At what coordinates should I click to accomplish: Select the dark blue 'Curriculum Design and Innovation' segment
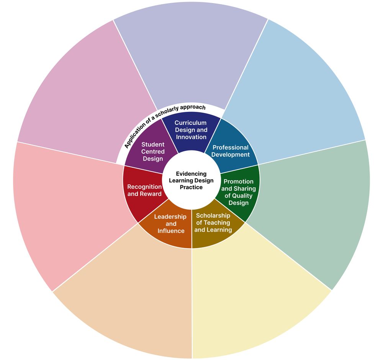[191, 130]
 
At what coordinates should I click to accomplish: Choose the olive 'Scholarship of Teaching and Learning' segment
[213, 226]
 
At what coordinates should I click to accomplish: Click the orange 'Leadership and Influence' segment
[170, 227]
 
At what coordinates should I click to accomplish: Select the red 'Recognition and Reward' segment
[144, 190]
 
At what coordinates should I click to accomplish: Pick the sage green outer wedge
[314, 207]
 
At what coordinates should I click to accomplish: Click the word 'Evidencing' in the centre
[191, 173]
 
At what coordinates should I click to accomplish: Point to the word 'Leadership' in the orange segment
[170, 217]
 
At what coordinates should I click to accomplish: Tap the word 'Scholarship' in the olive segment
[213, 215]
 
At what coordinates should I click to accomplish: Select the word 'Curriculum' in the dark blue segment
[190, 123]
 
